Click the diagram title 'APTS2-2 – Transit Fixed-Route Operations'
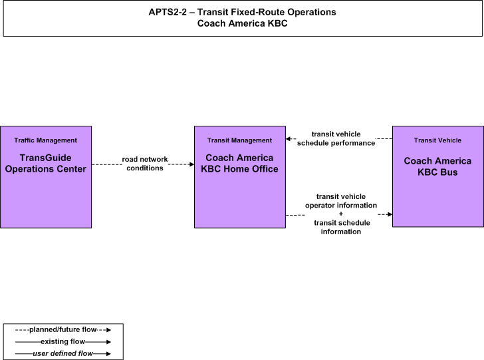[x=242, y=12]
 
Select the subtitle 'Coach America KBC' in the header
[x=242, y=23]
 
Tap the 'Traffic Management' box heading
[x=46, y=140]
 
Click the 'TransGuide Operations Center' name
[x=46, y=164]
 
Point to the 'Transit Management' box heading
[x=239, y=140]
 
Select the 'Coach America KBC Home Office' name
[x=239, y=164]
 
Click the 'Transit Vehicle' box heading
[x=437, y=140]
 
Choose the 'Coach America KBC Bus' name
[x=437, y=166]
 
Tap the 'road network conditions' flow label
[x=145, y=164]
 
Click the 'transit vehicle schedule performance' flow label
[x=336, y=138]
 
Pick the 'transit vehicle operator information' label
[x=341, y=201]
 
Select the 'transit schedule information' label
[x=341, y=227]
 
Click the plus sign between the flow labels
[x=341, y=214]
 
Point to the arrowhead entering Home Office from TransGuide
[x=191, y=164]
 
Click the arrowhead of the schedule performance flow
[x=289, y=139]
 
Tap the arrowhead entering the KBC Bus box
[x=390, y=214]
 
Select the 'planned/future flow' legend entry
[x=63, y=329]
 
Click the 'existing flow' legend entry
[x=63, y=341]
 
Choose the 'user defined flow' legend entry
[x=63, y=353]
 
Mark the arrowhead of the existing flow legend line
[x=108, y=342]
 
